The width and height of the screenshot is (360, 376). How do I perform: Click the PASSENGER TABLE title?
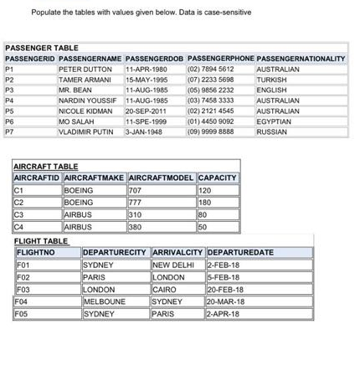pos(42,48)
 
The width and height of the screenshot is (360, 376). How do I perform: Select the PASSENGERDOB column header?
pos(154,59)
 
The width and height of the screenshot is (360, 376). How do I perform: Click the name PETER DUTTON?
pos(85,69)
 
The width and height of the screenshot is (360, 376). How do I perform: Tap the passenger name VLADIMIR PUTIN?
pos(86,131)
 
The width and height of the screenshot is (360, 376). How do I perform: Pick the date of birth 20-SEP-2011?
pos(147,111)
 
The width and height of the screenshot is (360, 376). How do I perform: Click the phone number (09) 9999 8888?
pos(211,131)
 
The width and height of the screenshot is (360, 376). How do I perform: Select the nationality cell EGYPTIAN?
pos(274,121)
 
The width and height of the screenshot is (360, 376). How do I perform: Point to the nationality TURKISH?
pos(271,80)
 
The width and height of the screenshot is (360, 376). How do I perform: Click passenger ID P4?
pos(10,100)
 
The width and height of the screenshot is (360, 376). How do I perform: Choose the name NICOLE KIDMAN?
pos(85,111)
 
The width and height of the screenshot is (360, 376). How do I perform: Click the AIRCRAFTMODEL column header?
pos(161,178)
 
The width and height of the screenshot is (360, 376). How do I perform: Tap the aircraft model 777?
pos(135,202)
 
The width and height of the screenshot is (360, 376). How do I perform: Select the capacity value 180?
pos(204,202)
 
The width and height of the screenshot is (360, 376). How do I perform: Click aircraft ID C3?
pos(18,214)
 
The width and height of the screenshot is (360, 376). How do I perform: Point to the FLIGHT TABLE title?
pos(42,241)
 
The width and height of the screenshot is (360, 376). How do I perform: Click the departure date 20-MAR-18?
pos(226,301)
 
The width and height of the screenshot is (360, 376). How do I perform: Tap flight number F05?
pos(23,314)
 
